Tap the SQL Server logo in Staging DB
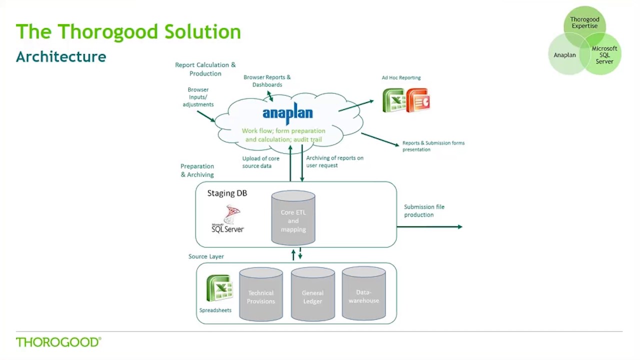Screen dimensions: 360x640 (x=228, y=220)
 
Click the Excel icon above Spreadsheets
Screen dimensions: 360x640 (x=219, y=288)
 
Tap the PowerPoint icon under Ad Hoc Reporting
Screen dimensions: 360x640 (x=417, y=100)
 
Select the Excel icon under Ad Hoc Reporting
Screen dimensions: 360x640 (x=394, y=100)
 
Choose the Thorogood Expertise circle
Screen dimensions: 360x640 (x=584, y=22)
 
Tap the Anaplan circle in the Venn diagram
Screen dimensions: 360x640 (x=564, y=55)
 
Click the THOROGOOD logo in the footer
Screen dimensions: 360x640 (x=58, y=342)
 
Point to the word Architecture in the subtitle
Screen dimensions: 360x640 (x=61, y=56)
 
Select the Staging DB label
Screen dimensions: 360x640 (x=227, y=193)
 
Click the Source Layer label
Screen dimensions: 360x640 (x=206, y=256)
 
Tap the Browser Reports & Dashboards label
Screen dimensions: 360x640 (x=267, y=81)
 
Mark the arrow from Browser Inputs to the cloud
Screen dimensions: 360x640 (x=205, y=116)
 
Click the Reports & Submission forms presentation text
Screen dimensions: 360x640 (x=433, y=146)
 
